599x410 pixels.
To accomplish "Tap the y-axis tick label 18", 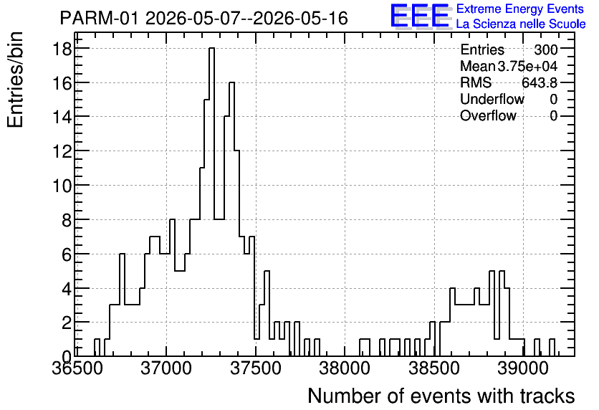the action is tap(62, 49).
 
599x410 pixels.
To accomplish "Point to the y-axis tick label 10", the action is tap(62, 186).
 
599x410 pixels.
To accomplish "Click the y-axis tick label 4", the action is tap(67, 288).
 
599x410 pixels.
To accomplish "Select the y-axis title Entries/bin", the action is tap(15, 80).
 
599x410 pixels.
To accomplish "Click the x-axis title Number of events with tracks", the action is tap(441, 396).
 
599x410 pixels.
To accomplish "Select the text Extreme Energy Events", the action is tap(520, 9).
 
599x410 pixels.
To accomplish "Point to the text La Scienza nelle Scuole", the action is tap(521, 24).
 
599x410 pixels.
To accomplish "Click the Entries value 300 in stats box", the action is tap(545, 49).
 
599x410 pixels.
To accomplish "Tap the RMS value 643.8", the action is tap(539, 82).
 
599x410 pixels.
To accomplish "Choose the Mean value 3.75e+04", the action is tap(527, 66).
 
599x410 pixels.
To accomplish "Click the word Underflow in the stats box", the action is tap(492, 99).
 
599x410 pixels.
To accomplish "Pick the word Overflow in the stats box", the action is tap(488, 115).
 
